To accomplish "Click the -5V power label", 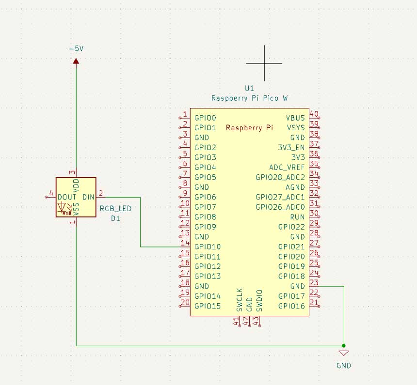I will (x=76, y=49).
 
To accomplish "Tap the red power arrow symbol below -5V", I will (x=76, y=61).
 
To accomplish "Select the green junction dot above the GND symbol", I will (x=344, y=345).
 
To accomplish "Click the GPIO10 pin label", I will (x=208, y=246).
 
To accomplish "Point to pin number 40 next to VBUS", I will (x=314, y=114).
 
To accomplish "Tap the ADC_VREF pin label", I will (x=287, y=167).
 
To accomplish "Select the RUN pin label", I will (x=297, y=217).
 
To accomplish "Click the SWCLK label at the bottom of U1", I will (x=239, y=300).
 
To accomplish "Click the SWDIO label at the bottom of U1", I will (x=259, y=300).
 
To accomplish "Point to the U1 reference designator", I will (x=249, y=89).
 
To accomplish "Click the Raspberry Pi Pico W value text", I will (x=249, y=98).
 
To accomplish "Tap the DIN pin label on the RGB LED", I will (x=88, y=197).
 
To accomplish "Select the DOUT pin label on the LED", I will (x=67, y=197).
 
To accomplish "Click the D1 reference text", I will (x=115, y=218).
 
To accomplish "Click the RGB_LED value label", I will (x=115, y=209).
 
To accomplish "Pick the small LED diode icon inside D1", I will (x=62, y=208).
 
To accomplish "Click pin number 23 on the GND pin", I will (x=314, y=283).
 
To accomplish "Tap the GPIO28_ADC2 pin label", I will (x=280, y=177).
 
